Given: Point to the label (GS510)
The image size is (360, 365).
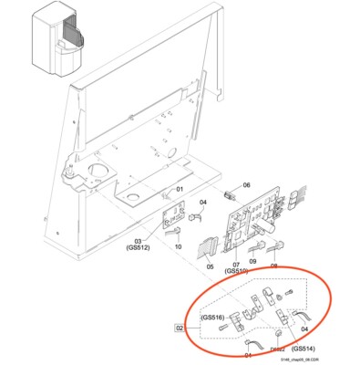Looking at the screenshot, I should pyautogui.click(x=236, y=271).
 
